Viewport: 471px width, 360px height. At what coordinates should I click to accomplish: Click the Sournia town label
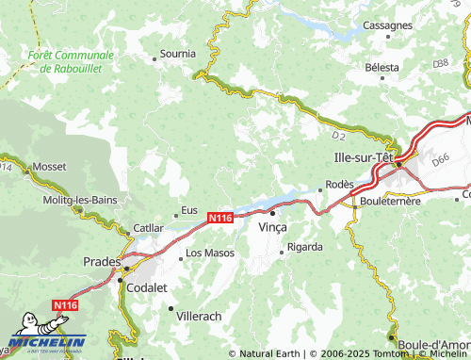click(179, 55)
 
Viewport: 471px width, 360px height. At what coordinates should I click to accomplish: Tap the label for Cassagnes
click(388, 25)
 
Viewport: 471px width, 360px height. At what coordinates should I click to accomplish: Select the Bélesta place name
click(382, 68)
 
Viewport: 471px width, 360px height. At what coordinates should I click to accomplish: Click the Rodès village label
click(339, 184)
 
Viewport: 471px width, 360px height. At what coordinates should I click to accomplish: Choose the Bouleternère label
click(387, 201)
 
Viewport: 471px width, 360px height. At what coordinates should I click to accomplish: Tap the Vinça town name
click(272, 228)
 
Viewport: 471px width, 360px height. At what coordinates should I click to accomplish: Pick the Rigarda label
click(304, 247)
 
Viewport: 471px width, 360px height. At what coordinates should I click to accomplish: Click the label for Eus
click(188, 211)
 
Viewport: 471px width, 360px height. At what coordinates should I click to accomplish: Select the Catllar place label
click(149, 228)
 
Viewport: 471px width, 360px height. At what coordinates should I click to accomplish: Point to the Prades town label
click(102, 261)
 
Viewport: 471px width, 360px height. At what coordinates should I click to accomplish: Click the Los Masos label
click(209, 253)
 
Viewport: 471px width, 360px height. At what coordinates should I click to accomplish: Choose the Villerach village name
click(200, 319)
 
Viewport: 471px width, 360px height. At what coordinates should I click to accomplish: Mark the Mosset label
click(49, 166)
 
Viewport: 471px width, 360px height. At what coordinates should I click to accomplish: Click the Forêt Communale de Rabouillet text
click(71, 63)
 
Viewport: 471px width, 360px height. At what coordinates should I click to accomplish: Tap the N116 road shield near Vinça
click(219, 218)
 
